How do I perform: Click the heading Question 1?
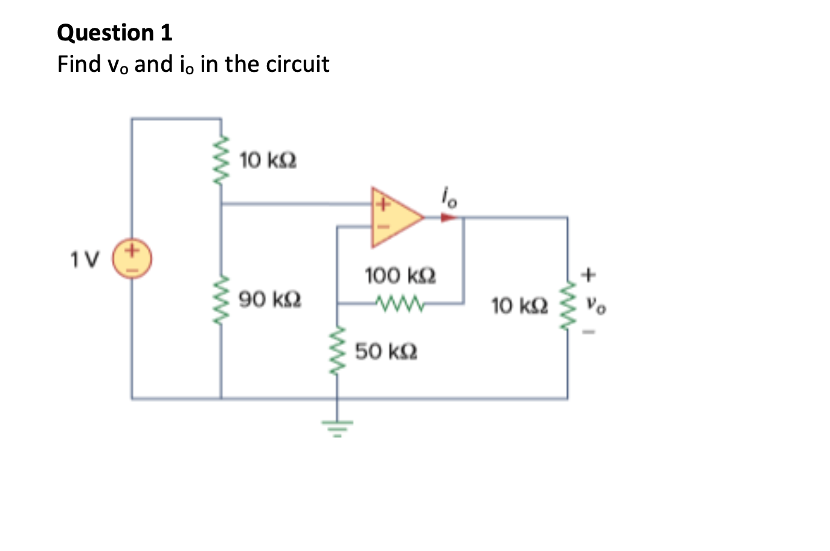[115, 33]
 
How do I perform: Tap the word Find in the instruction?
[79, 64]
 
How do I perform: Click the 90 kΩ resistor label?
[270, 299]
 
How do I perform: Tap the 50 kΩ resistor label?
[386, 351]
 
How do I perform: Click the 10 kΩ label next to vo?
[520, 306]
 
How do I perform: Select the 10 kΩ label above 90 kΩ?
[268, 161]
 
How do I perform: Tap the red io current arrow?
[448, 217]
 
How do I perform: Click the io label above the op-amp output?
[449, 197]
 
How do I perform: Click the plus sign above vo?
[589, 275]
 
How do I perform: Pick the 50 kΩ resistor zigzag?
[337, 350]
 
